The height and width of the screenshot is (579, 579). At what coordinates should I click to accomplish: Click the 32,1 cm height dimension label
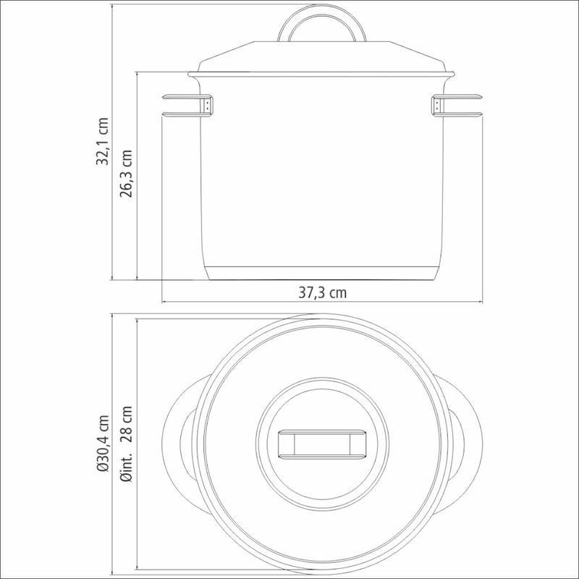click(102, 141)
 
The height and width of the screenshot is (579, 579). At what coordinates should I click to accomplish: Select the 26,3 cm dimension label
click(126, 174)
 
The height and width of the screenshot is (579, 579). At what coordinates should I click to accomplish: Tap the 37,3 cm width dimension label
click(322, 293)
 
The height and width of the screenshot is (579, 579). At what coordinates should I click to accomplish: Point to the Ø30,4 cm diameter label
click(103, 443)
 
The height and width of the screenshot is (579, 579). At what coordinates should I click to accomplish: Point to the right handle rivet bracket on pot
click(437, 105)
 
